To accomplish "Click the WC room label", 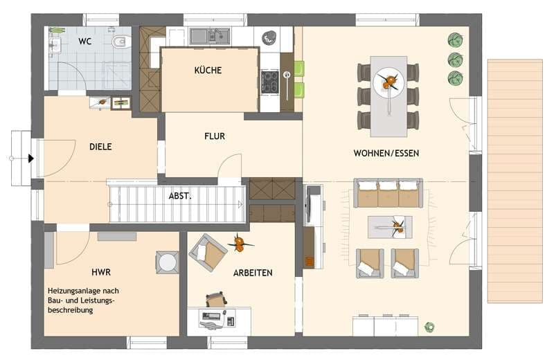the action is coord(84,42).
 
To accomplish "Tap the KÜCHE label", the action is coord(208,70).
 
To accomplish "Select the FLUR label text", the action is coord(215,136).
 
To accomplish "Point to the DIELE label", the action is coord(100,147).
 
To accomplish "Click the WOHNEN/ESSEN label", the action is coord(386,153).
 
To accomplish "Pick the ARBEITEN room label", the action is coord(253,273).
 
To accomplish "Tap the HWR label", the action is coord(101,272).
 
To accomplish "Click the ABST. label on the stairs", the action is coord(180,196).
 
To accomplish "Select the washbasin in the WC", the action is coord(55,45).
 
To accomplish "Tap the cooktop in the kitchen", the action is coord(270,82).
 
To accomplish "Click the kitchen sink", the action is coord(211,36).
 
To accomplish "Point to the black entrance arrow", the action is coord(31,159).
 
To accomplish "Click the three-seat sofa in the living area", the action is coord(388,193).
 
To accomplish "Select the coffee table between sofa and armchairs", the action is coord(390,227).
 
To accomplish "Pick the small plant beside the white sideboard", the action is coord(429,327).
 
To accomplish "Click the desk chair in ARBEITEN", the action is coord(216,300).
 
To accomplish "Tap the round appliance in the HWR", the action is coord(167,262).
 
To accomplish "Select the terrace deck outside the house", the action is coord(515,181).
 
